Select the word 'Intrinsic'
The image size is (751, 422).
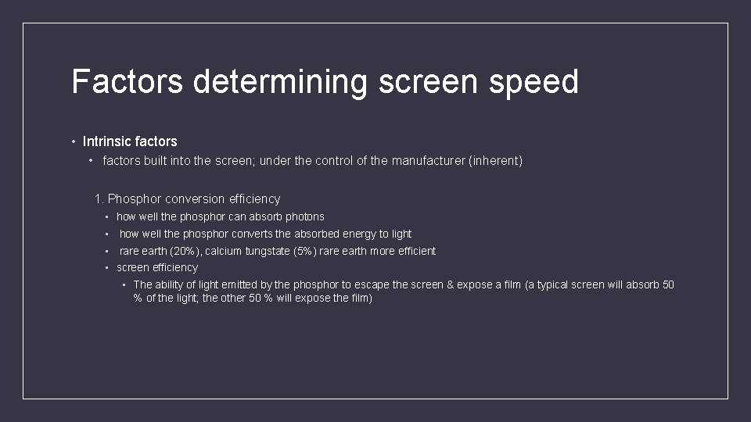pos(107,141)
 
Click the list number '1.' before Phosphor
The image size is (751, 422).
pos(99,199)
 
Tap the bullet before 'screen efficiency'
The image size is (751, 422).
pos(107,268)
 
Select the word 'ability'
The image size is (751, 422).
pos(171,285)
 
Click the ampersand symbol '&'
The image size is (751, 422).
pos(450,285)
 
